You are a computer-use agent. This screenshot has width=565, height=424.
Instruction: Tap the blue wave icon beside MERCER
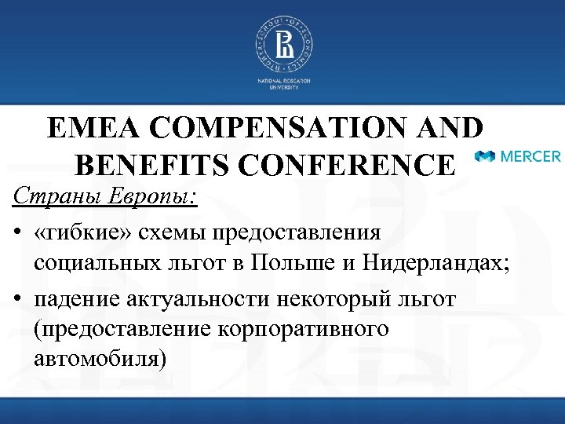click(485, 156)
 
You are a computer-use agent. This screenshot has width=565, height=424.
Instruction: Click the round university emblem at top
click(282, 45)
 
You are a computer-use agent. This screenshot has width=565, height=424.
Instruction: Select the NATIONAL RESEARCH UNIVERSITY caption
click(282, 84)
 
